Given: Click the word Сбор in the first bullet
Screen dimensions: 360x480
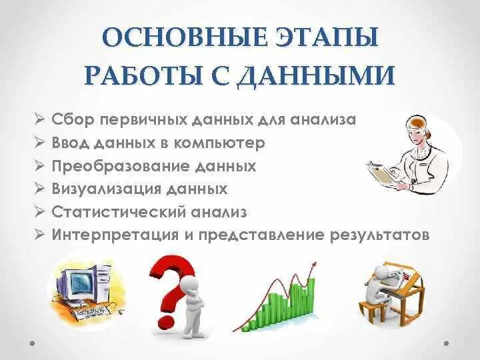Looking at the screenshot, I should (74, 119).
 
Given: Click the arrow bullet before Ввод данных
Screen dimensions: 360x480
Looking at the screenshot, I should (40, 143).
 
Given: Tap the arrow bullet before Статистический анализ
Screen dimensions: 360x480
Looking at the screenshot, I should (40, 212).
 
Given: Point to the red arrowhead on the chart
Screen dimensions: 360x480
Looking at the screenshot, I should (312, 265).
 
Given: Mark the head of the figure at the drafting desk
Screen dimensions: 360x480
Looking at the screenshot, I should (382, 273).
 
